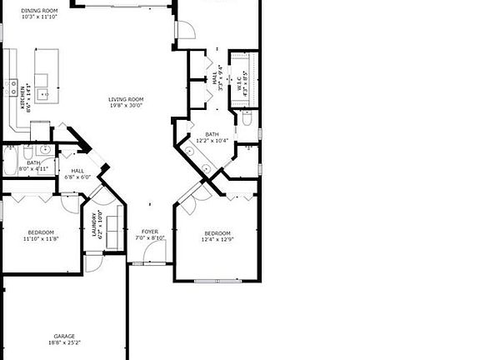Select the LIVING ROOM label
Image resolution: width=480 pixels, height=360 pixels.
point(126,99)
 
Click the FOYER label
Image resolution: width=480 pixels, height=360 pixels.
point(150,231)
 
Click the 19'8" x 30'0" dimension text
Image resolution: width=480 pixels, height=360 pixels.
point(126,106)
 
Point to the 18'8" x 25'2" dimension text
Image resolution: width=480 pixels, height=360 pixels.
point(64,342)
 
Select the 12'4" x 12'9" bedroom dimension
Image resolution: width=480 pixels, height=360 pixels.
point(216,239)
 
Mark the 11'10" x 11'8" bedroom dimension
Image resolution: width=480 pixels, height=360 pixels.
point(41,238)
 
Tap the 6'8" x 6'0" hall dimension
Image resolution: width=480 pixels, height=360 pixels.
point(77,177)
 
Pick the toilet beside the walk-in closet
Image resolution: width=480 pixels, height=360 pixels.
point(247,120)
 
